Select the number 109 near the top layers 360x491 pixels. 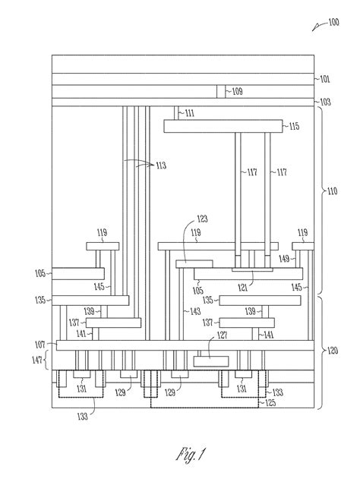(237, 91)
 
